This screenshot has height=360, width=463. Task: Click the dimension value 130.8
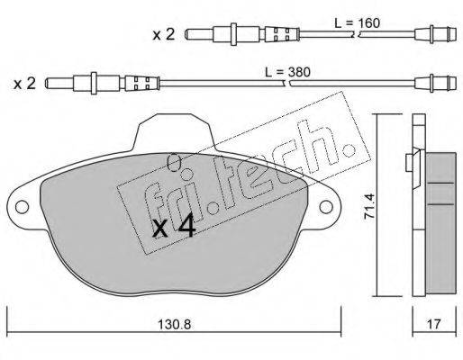[x=175, y=324]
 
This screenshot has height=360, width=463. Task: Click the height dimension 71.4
[x=369, y=206]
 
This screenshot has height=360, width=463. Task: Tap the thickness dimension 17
[x=434, y=324]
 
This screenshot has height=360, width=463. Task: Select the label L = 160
[x=358, y=23]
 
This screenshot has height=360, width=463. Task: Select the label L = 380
[x=287, y=72]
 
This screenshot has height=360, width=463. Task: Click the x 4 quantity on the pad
[x=174, y=228]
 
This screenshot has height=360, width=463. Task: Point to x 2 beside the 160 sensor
[x=164, y=35]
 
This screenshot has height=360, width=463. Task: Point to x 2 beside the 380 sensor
[x=24, y=84]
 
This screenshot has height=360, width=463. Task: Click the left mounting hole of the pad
[x=22, y=207]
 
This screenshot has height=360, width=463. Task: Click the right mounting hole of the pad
[x=326, y=207]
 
